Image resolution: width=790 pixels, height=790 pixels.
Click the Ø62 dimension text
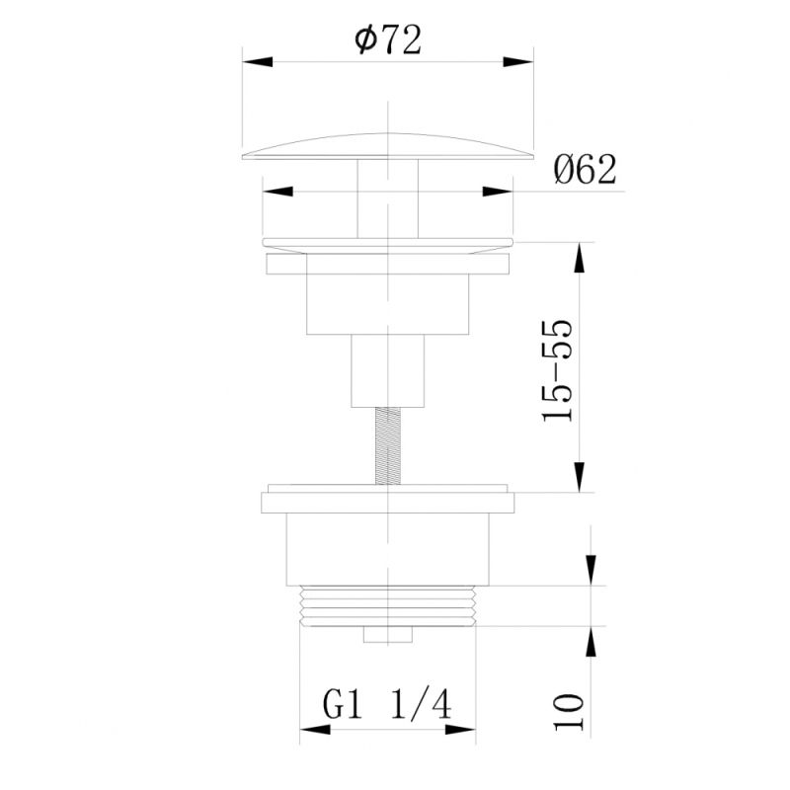585,170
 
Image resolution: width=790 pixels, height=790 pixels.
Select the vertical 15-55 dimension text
558,370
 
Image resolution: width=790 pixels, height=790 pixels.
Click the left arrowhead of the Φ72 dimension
256,61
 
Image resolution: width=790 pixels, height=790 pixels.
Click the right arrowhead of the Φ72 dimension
520,61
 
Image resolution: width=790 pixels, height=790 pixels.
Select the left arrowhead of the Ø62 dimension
276,192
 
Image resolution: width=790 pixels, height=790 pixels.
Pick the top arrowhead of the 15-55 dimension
579,258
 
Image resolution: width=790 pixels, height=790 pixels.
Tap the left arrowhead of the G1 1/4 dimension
314,731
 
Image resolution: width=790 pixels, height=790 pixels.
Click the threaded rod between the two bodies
387,446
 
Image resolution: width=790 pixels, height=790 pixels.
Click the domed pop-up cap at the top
387,145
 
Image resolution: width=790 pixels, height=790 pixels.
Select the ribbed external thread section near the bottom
387,606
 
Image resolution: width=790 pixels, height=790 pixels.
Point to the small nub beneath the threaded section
387,633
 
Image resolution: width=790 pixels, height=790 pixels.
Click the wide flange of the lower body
387,502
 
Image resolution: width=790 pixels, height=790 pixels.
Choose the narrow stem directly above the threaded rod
387,370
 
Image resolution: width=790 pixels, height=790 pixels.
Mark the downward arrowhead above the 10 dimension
592,570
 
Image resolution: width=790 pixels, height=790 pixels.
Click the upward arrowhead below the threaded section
592,640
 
